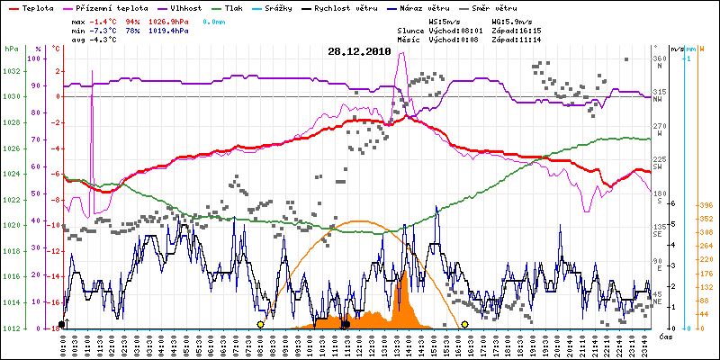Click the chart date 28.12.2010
click(359, 52)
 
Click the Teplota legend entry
click(37, 7)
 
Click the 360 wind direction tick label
click(660, 58)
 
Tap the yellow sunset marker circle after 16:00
click(465, 324)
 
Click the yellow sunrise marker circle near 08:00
click(260, 324)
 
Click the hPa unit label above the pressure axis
click(11, 49)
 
